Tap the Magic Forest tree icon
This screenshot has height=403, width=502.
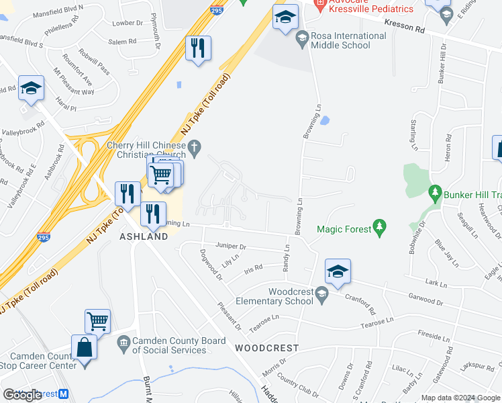pyautogui.click(x=381, y=228)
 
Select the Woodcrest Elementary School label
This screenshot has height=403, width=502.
pyautogui.click(x=291, y=296)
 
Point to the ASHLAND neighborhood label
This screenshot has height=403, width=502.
pyautogui.click(x=144, y=237)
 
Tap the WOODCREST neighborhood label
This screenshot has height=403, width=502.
pyautogui.click(x=266, y=348)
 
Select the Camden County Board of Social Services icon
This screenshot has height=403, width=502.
pyautogui.click(x=124, y=345)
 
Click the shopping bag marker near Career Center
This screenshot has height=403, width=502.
pyautogui.click(x=85, y=349)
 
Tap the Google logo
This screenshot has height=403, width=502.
pyautogui.click(x=22, y=394)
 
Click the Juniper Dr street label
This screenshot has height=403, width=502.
pyautogui.click(x=232, y=247)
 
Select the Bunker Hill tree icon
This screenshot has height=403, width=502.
pyautogui.click(x=435, y=193)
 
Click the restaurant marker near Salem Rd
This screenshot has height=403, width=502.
pyautogui.click(x=198, y=48)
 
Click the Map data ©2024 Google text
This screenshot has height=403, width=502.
pyautogui.click(x=460, y=398)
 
